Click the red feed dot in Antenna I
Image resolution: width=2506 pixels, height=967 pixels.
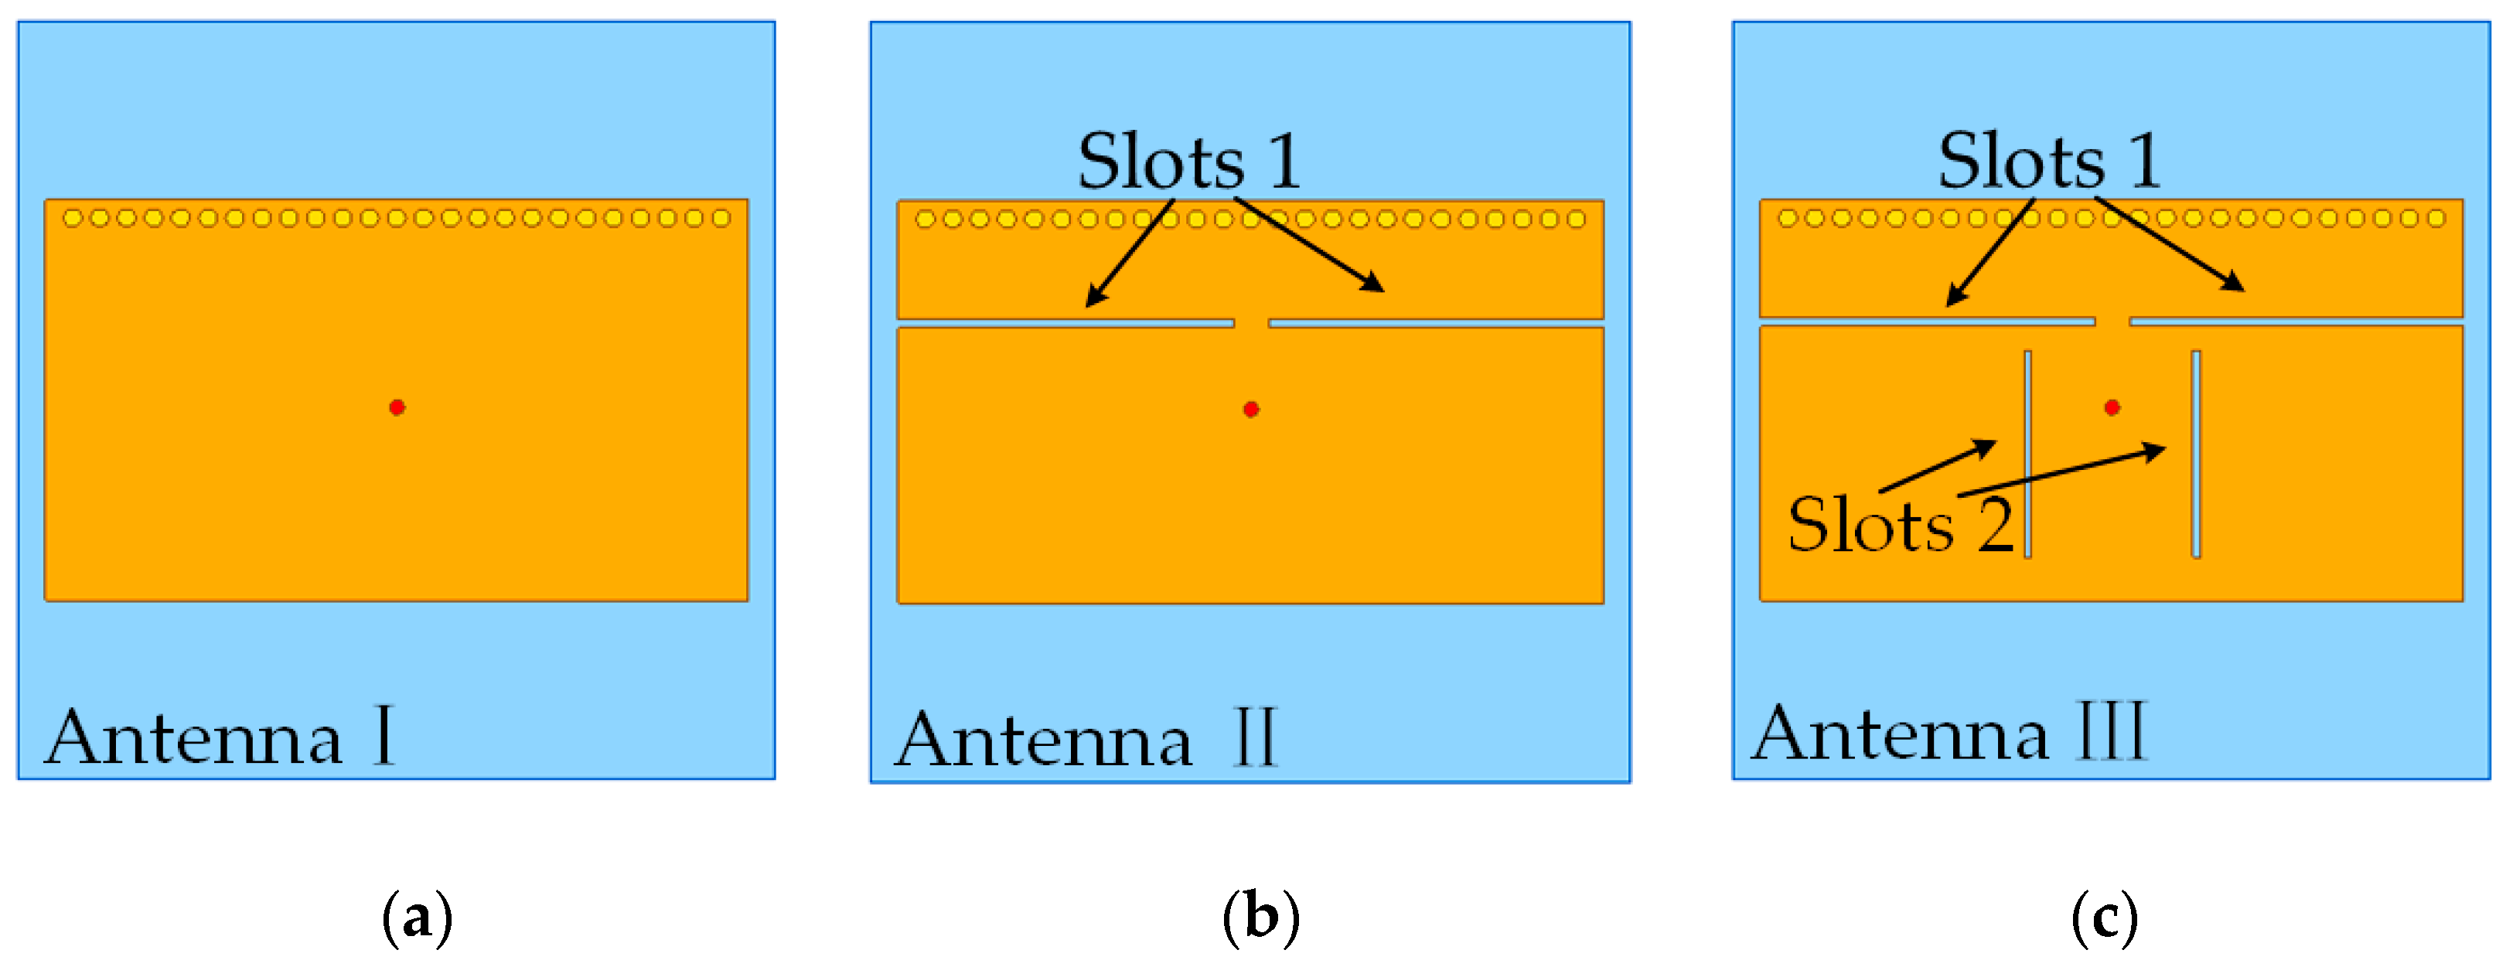pyautogui.click(x=397, y=407)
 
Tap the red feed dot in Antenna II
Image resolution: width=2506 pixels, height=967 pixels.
pyautogui.click(x=1251, y=410)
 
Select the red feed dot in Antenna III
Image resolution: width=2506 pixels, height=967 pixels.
pyautogui.click(x=2112, y=407)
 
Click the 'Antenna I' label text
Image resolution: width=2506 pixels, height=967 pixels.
pyautogui.click(x=220, y=737)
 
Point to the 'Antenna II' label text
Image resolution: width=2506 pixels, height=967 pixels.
pyautogui.click(x=1086, y=739)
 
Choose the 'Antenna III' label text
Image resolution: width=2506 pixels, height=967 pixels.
pyautogui.click(x=1949, y=734)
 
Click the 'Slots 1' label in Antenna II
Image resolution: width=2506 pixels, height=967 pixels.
pyautogui.click(x=1188, y=161)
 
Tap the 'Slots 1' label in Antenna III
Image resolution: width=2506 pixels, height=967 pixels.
pyautogui.click(x=2050, y=161)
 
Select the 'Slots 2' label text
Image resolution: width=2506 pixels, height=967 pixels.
pyautogui.click(x=1900, y=524)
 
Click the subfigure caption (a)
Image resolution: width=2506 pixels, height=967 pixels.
pyautogui.click(x=418, y=918)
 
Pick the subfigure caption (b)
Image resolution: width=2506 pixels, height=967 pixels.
pyautogui.click(x=1261, y=918)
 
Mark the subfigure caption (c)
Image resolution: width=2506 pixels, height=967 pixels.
pyautogui.click(x=2104, y=918)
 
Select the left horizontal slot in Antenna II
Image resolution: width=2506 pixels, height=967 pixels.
pyautogui.click(x=1065, y=323)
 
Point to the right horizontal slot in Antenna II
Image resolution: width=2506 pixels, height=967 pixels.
pyautogui.click(x=1436, y=323)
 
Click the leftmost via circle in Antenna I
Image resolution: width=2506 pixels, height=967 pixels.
pyautogui.click(x=72, y=218)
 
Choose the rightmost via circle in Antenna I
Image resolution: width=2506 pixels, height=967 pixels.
pyautogui.click(x=721, y=218)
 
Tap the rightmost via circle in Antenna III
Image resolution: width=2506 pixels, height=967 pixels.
pyautogui.click(x=2436, y=218)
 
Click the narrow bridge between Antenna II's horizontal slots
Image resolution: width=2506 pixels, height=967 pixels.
pyautogui.click(x=1251, y=323)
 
